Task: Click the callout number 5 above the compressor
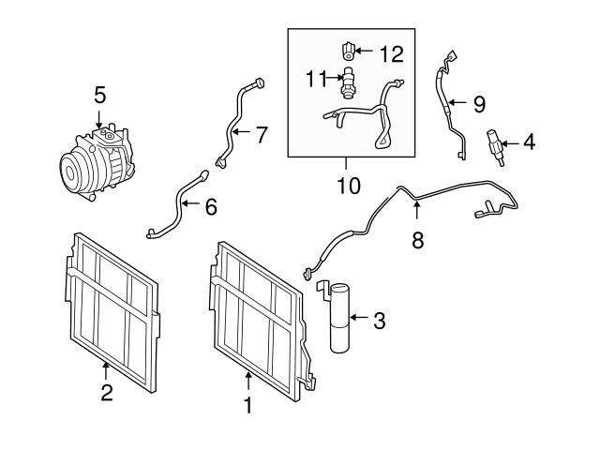coord(99,95)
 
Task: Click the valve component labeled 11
coord(350,82)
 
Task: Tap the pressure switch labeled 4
coord(493,143)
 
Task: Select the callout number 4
coord(530,143)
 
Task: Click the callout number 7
coord(262,135)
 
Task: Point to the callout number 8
coord(417,240)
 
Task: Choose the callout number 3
coord(379,322)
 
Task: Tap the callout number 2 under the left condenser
coord(106,394)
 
